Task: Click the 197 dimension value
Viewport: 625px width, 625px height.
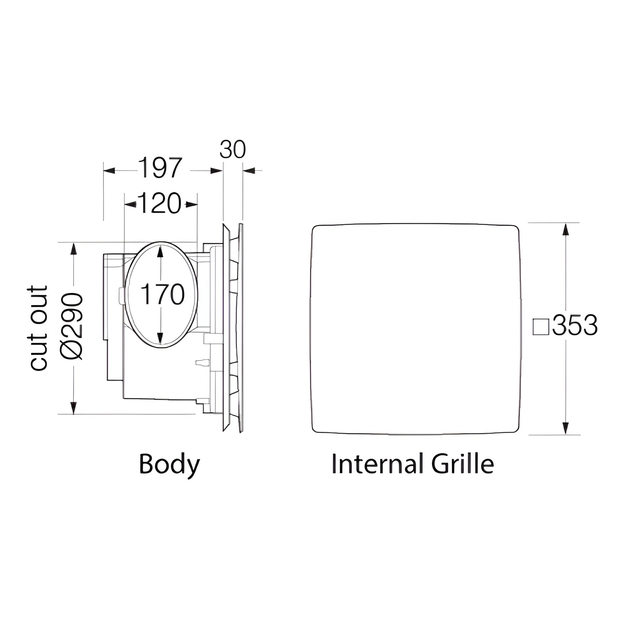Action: (160, 168)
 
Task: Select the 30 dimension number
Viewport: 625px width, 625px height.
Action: (233, 150)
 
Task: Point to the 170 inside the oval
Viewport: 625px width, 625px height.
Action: (163, 294)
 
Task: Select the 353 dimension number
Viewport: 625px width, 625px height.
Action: (575, 325)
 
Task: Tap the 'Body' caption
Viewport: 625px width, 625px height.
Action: (169, 464)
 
